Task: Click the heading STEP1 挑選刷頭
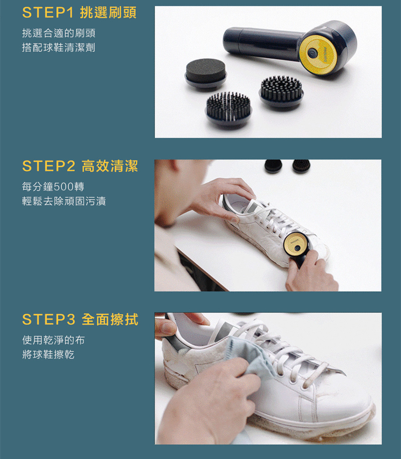(x=79, y=12)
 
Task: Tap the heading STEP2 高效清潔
(x=80, y=166)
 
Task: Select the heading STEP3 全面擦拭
(x=80, y=319)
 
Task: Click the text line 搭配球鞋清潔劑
(x=58, y=47)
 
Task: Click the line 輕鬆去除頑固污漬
(x=64, y=201)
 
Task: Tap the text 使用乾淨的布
(x=54, y=340)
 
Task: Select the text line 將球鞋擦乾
(x=48, y=355)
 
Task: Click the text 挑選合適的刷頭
(x=58, y=33)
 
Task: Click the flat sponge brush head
(x=206, y=73)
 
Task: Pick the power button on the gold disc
(x=312, y=53)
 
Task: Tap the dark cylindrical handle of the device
(x=262, y=43)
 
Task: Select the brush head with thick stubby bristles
(x=281, y=91)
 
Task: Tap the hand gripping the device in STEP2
(x=310, y=272)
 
